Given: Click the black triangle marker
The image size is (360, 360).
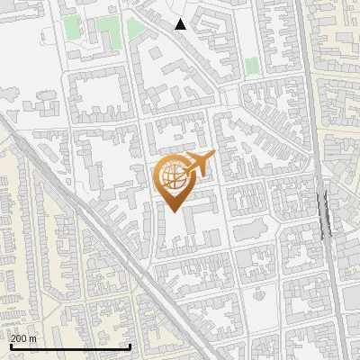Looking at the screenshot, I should click(x=181, y=24).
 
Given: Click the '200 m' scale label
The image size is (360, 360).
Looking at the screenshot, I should click(x=23, y=337).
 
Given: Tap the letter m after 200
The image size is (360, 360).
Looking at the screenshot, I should click(x=33, y=337).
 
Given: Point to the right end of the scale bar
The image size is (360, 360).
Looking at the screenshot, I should click(x=130, y=346).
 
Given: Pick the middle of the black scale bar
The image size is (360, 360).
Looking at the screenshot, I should click(x=69, y=346).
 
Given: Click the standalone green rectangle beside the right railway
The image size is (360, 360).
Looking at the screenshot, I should click(x=252, y=65).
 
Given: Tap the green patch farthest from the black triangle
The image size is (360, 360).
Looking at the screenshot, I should click(x=252, y=65).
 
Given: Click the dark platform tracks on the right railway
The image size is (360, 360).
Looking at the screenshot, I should click(x=324, y=211).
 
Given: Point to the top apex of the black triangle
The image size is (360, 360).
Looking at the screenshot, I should click(x=181, y=19).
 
